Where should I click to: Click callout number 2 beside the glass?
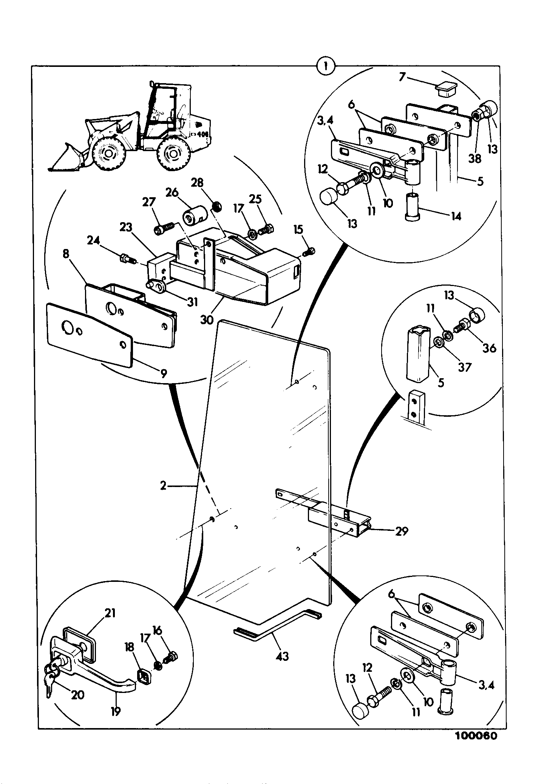pos(163,485)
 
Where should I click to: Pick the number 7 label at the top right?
pos(402,77)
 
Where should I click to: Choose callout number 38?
pos(475,159)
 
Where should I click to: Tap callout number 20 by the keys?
pos(77,695)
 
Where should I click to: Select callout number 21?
pos(110,613)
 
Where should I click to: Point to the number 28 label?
pos(197,183)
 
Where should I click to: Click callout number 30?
pos(207,320)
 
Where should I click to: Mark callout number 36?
pos(489,348)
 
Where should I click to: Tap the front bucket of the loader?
pos(67,158)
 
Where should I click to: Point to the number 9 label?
pos(163,374)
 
